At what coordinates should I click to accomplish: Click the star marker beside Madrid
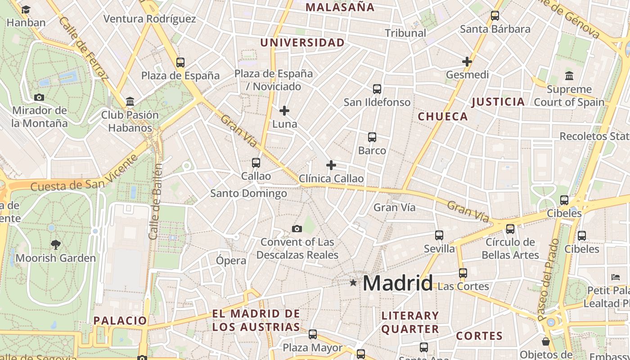353,283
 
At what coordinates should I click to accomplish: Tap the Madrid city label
397,283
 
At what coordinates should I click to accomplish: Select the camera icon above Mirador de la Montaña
39,97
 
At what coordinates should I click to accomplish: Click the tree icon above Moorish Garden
56,245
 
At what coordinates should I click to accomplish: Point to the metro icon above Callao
256,162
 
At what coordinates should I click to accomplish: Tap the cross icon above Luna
284,110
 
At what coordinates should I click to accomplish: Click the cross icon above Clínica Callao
331,165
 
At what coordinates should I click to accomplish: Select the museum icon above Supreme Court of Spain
569,76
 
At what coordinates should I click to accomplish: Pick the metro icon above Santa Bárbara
495,16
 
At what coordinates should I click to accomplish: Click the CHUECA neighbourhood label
443,117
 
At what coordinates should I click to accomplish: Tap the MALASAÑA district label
340,7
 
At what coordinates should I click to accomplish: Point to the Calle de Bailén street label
155,201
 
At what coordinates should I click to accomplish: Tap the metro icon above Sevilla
439,235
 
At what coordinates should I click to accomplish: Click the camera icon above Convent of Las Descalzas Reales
297,229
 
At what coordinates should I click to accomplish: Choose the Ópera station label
231,261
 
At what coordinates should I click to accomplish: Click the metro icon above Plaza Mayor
313,334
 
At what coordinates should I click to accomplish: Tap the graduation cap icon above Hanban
26,9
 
